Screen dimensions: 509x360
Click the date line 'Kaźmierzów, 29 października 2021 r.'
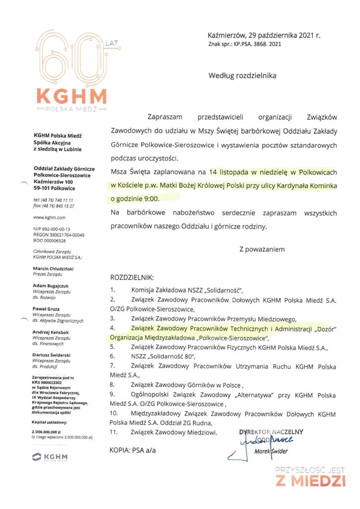pos(264,35)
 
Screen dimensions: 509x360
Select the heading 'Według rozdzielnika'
pos(242,76)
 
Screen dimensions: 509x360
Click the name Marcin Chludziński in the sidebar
pos(53,268)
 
